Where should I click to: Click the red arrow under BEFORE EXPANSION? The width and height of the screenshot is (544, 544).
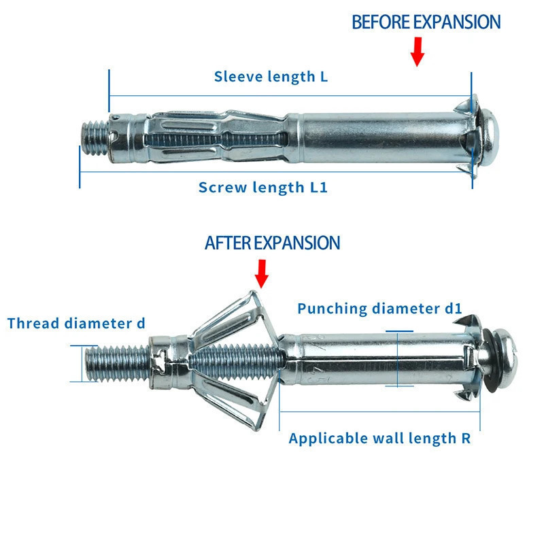point(418,52)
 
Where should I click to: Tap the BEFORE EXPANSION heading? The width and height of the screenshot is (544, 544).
point(426,22)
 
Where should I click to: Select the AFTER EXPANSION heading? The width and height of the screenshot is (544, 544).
point(272,243)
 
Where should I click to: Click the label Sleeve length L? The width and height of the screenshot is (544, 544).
point(271,76)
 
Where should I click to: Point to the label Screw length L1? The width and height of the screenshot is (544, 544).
point(262,187)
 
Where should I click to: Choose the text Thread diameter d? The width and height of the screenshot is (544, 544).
point(76,323)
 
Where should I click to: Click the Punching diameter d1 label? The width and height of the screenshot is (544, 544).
point(379,309)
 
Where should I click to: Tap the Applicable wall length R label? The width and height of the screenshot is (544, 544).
point(379,438)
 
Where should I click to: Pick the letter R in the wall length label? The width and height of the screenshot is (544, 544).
point(465,438)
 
